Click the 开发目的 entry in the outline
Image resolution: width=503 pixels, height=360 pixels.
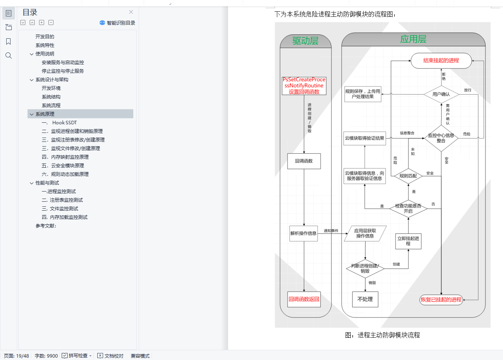tap(45, 37)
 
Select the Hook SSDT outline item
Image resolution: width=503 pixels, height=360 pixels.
tap(64, 123)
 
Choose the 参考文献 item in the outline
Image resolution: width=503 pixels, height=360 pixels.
tap(46, 226)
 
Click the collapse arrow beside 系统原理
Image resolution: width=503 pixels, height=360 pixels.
tap(31, 114)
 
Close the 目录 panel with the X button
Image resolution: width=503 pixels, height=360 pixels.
tap(131, 12)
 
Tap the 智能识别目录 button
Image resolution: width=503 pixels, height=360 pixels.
tap(117, 23)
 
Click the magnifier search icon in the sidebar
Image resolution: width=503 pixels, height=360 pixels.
tap(9, 56)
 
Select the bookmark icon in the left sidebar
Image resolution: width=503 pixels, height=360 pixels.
tap(9, 41)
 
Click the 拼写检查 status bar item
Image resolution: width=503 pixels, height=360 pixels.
tap(77, 356)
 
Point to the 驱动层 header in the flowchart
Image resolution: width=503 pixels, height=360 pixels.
tap(305, 41)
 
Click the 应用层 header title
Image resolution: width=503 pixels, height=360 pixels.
tap(413, 39)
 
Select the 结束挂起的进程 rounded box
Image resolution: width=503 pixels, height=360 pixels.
tap(441, 61)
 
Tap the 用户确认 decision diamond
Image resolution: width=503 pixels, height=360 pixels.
tap(441, 94)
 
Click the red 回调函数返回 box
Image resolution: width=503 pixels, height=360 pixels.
tap(304, 299)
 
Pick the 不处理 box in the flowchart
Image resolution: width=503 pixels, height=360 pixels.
tap(365, 299)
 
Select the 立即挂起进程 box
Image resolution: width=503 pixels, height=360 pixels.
tap(408, 241)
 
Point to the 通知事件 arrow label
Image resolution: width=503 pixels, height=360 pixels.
tap(331, 231)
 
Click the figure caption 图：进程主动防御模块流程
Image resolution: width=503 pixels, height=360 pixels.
tap(382, 335)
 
